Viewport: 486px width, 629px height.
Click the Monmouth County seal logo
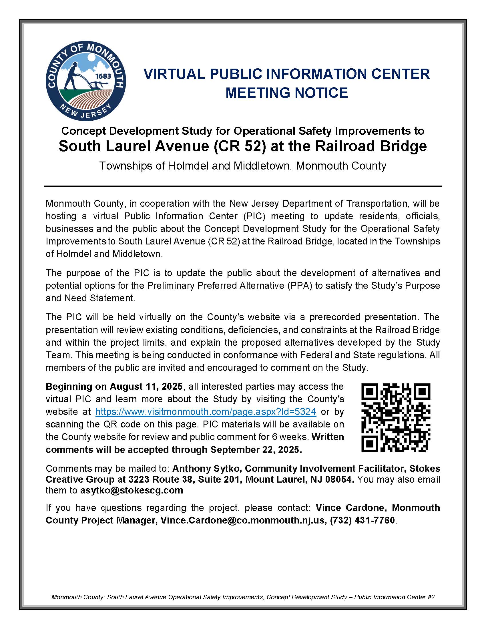coord(85,81)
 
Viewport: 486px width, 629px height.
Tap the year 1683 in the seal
coord(103,76)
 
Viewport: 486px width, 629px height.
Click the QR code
coord(396,417)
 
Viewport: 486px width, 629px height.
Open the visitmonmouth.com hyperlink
coord(206,411)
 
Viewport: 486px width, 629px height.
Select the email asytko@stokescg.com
coord(132,490)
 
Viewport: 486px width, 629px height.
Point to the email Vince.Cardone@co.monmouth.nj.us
coord(242,520)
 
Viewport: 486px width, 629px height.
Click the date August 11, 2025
coord(146,387)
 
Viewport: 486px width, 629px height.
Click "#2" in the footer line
coord(431,597)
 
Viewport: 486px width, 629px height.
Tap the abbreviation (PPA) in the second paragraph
coord(299,285)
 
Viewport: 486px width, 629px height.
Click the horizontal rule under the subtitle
coord(243,186)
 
